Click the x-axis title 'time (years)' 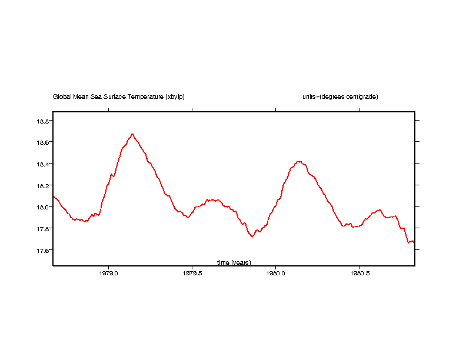[x=234, y=262]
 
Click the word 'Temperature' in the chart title [x=145, y=97]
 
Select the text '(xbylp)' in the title [x=175, y=97]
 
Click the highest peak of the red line [x=132, y=134]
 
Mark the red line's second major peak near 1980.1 [x=299, y=161]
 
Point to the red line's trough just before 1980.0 [x=252, y=236]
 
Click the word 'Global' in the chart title [x=62, y=97]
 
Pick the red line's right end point [x=414, y=242]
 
